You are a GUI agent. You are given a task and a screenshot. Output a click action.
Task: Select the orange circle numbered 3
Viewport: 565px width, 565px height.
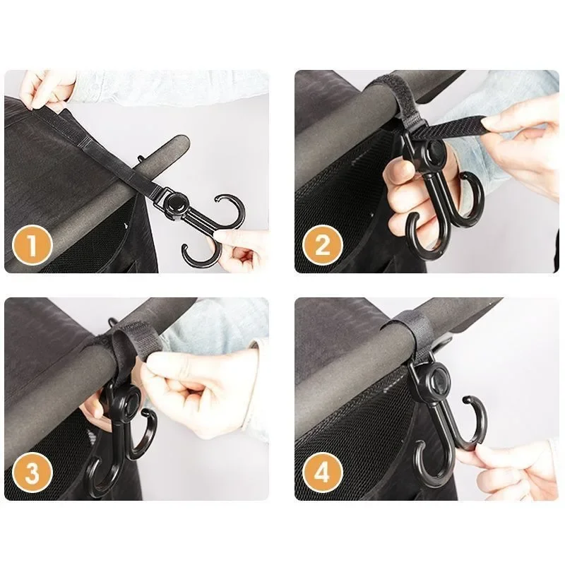[33, 472]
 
